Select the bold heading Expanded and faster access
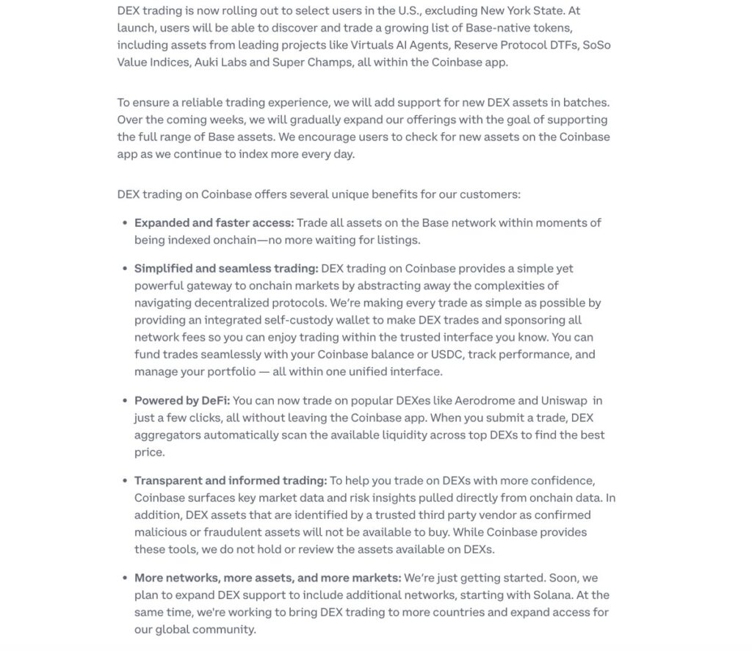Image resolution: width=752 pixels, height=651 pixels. click(x=214, y=222)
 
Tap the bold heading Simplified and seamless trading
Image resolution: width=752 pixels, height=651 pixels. click(x=226, y=269)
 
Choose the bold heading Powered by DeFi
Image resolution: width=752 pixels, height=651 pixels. click(x=182, y=401)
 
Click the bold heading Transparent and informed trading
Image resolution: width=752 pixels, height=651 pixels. click(x=231, y=481)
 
